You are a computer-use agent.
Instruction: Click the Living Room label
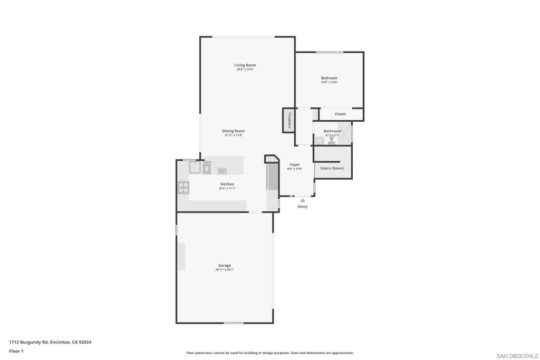pyautogui.click(x=245, y=65)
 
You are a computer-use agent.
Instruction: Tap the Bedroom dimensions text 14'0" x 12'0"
pyautogui.click(x=329, y=82)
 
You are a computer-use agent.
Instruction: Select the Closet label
pyautogui.click(x=340, y=114)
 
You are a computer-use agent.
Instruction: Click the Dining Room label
pyautogui.click(x=233, y=131)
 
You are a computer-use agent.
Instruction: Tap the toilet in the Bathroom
pyautogui.click(x=331, y=141)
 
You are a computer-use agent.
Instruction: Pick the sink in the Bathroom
pyautogui.click(x=319, y=141)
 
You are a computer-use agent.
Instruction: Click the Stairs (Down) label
pyautogui.click(x=332, y=168)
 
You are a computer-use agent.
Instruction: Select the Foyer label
pyautogui.click(x=294, y=164)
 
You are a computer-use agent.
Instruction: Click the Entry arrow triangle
pyautogui.click(x=303, y=200)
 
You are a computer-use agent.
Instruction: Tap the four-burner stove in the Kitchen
pyautogui.click(x=184, y=187)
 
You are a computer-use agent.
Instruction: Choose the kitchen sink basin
pyautogui.click(x=194, y=168)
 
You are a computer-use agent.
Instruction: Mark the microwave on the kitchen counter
pyautogui.click(x=222, y=170)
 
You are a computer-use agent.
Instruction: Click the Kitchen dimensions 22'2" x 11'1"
pyautogui.click(x=227, y=188)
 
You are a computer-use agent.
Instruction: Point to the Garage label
pyautogui.click(x=225, y=266)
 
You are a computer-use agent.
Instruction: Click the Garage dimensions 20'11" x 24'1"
pyautogui.click(x=225, y=270)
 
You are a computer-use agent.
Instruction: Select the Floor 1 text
pyautogui.click(x=16, y=351)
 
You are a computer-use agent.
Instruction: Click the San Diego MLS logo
pyautogui.click(x=517, y=356)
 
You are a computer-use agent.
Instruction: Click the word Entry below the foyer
pyautogui.click(x=303, y=207)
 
